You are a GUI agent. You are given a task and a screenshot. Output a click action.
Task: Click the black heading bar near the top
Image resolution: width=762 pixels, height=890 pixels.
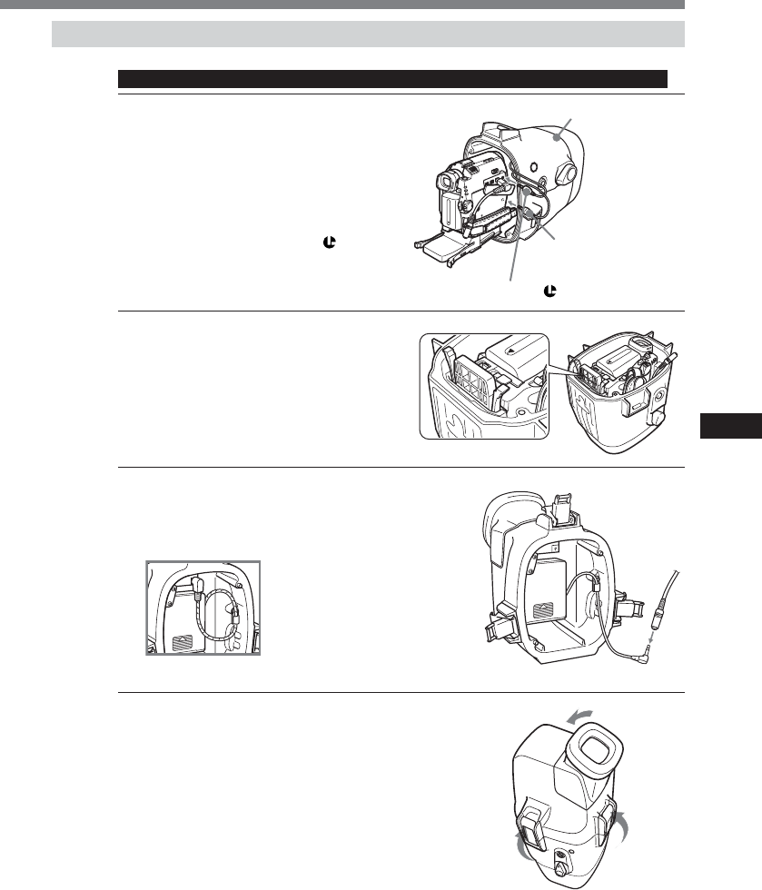point(392,78)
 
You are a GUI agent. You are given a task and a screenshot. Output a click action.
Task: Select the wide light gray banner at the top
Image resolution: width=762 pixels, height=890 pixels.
point(368,35)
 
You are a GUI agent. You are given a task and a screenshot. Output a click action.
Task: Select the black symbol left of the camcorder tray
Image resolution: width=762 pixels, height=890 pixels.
point(379,243)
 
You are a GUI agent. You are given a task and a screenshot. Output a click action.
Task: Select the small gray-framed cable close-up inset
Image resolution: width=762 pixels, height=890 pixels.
point(203,608)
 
